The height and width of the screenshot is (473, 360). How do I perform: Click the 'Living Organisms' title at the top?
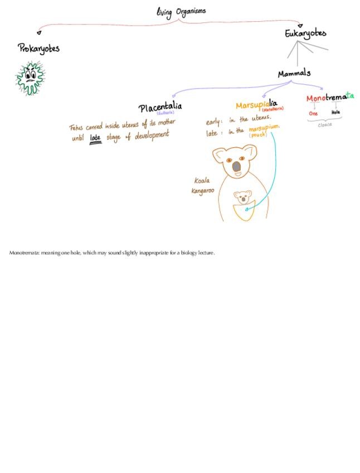181,11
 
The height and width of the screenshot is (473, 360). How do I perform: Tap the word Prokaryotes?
38,49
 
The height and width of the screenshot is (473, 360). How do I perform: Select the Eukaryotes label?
305,33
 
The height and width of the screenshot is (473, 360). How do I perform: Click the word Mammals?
294,74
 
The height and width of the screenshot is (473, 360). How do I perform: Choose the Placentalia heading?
160,107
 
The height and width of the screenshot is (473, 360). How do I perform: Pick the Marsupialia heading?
256,104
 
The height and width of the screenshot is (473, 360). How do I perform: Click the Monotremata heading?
329,98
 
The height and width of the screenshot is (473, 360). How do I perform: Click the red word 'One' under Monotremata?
313,113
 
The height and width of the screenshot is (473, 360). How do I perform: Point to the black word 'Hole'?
335,113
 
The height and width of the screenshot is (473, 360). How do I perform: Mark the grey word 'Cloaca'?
324,125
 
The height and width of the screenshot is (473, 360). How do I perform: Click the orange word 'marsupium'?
264,128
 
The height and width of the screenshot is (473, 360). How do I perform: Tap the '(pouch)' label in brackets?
258,135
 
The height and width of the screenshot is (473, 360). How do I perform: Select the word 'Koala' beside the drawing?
202,181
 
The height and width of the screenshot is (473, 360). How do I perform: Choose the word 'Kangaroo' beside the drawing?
202,191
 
